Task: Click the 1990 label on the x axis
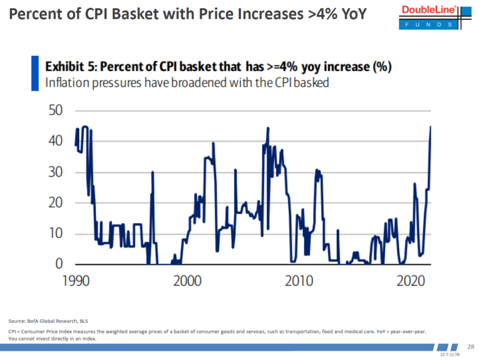[75, 282]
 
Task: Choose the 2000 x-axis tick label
[187, 282]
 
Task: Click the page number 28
[470, 347]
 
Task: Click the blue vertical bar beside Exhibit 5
[35, 73]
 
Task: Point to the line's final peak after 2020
[430, 127]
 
